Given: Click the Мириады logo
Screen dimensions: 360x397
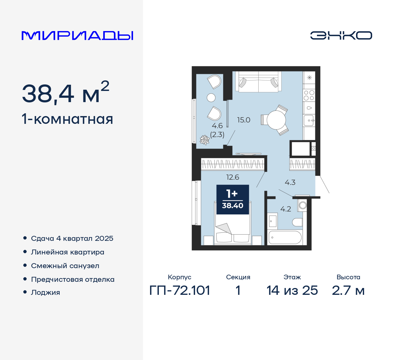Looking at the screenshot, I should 77,35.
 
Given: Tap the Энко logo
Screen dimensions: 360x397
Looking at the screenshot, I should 341,35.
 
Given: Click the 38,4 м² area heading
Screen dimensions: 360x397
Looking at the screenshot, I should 65,93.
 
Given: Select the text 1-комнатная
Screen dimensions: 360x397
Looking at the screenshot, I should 67,119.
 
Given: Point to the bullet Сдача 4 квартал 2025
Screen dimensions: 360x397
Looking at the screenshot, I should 72,238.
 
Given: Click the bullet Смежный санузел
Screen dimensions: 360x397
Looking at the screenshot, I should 65,266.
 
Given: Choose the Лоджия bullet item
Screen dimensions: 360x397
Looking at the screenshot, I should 45,292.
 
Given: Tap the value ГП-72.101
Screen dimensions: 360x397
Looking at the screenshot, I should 180,290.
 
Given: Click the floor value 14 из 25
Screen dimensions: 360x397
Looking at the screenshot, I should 292,290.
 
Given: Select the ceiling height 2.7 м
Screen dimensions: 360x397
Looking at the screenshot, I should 348,290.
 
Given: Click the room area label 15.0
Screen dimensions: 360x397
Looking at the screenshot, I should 243,120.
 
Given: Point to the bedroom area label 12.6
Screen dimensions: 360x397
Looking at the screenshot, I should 233,177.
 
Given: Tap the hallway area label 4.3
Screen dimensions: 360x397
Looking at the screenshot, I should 290,182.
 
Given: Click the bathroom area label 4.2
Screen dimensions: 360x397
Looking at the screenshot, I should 286,209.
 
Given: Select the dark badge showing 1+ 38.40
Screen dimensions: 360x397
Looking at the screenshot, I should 233,200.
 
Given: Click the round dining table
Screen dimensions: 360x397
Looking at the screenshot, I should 276,120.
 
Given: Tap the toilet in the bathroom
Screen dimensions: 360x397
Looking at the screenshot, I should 297,222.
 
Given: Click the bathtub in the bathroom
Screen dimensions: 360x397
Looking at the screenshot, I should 285,237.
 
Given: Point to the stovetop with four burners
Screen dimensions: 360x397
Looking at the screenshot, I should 309,95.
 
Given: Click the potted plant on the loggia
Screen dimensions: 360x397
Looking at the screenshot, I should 204,140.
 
